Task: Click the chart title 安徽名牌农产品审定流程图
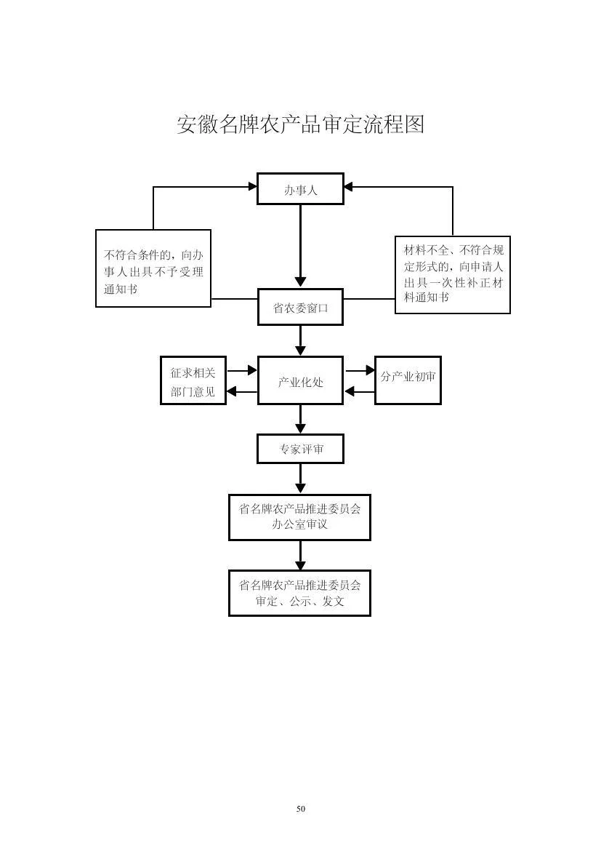tap(301, 124)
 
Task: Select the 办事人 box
tap(300, 189)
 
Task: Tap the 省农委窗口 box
tap(300, 307)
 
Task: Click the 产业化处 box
tap(300, 380)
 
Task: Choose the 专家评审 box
tap(300, 449)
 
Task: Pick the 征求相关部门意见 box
tap(193, 380)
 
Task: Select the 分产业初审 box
tap(408, 380)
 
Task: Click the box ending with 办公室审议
tap(299, 517)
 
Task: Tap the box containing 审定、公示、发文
tap(299, 594)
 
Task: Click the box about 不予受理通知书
tap(153, 268)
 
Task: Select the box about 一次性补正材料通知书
tap(452, 275)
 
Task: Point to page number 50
tap(301, 809)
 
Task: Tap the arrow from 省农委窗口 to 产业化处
tap(300, 341)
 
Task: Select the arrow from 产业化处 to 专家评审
tap(300, 419)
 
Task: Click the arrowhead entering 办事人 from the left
tap(252, 187)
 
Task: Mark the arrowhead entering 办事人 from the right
tap(348, 187)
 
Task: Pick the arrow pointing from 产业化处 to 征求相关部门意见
tap(242, 391)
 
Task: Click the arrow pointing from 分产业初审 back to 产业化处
tap(360, 391)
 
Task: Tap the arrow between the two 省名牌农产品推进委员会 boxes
tap(300, 555)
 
